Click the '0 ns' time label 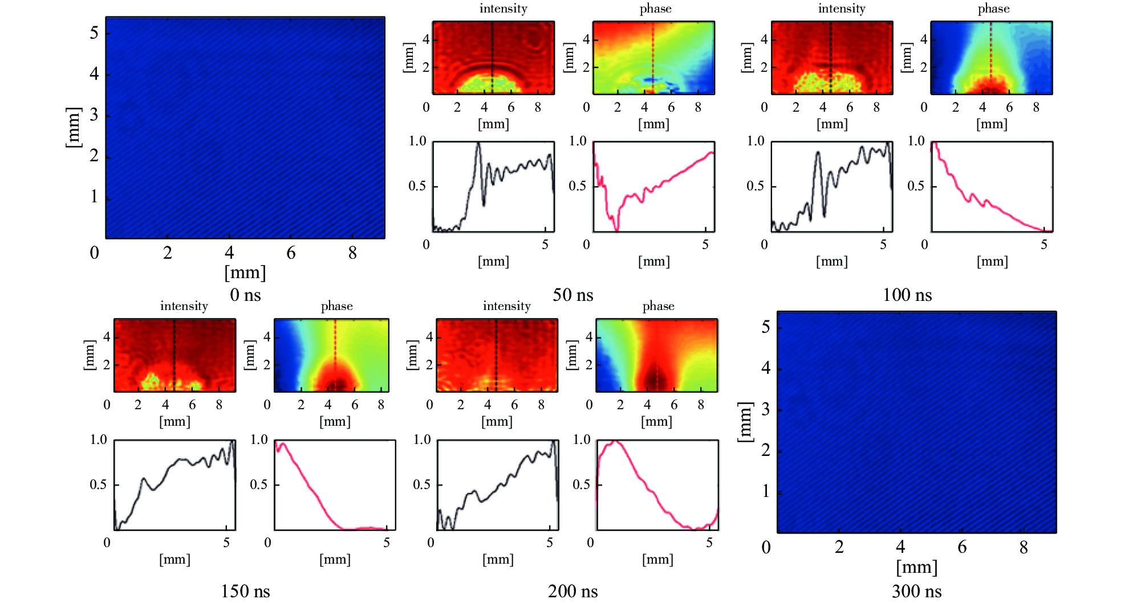[245, 295]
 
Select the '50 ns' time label [572, 295]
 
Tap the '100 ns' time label [907, 295]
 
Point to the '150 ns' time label [245, 591]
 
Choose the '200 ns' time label [572, 591]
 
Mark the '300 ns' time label [916, 591]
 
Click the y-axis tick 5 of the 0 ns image [94, 33]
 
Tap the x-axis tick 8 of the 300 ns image [1024, 547]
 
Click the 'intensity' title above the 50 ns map [503, 9]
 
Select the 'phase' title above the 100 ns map [993, 9]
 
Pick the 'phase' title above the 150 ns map [336, 306]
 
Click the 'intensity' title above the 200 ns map [506, 306]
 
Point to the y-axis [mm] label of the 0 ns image [73, 128]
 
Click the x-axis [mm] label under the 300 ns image [916, 567]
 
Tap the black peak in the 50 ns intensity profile [478, 145]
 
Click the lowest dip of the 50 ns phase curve [616, 230]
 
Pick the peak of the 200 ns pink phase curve [615, 442]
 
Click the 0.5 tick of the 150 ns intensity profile [98, 484]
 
